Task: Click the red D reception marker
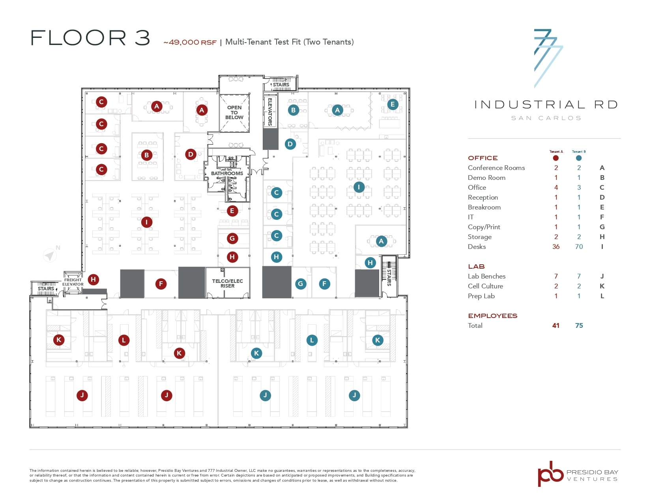point(191,154)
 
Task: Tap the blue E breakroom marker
point(392,105)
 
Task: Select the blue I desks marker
point(359,187)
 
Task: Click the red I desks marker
point(146,222)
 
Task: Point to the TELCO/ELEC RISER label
point(227,283)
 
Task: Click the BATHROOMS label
point(227,173)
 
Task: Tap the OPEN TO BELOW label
point(234,112)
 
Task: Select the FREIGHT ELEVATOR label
point(73,282)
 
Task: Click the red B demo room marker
point(146,155)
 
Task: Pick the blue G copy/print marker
point(301,284)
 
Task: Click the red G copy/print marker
point(232,238)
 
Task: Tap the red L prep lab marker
point(124,340)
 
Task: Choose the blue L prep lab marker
point(312,340)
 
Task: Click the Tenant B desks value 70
point(579,247)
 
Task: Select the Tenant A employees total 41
point(556,325)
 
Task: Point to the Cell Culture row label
point(485,286)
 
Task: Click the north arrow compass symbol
point(50,255)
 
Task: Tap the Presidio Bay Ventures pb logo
point(550,473)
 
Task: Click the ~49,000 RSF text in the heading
point(190,42)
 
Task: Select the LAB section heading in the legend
point(476,267)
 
